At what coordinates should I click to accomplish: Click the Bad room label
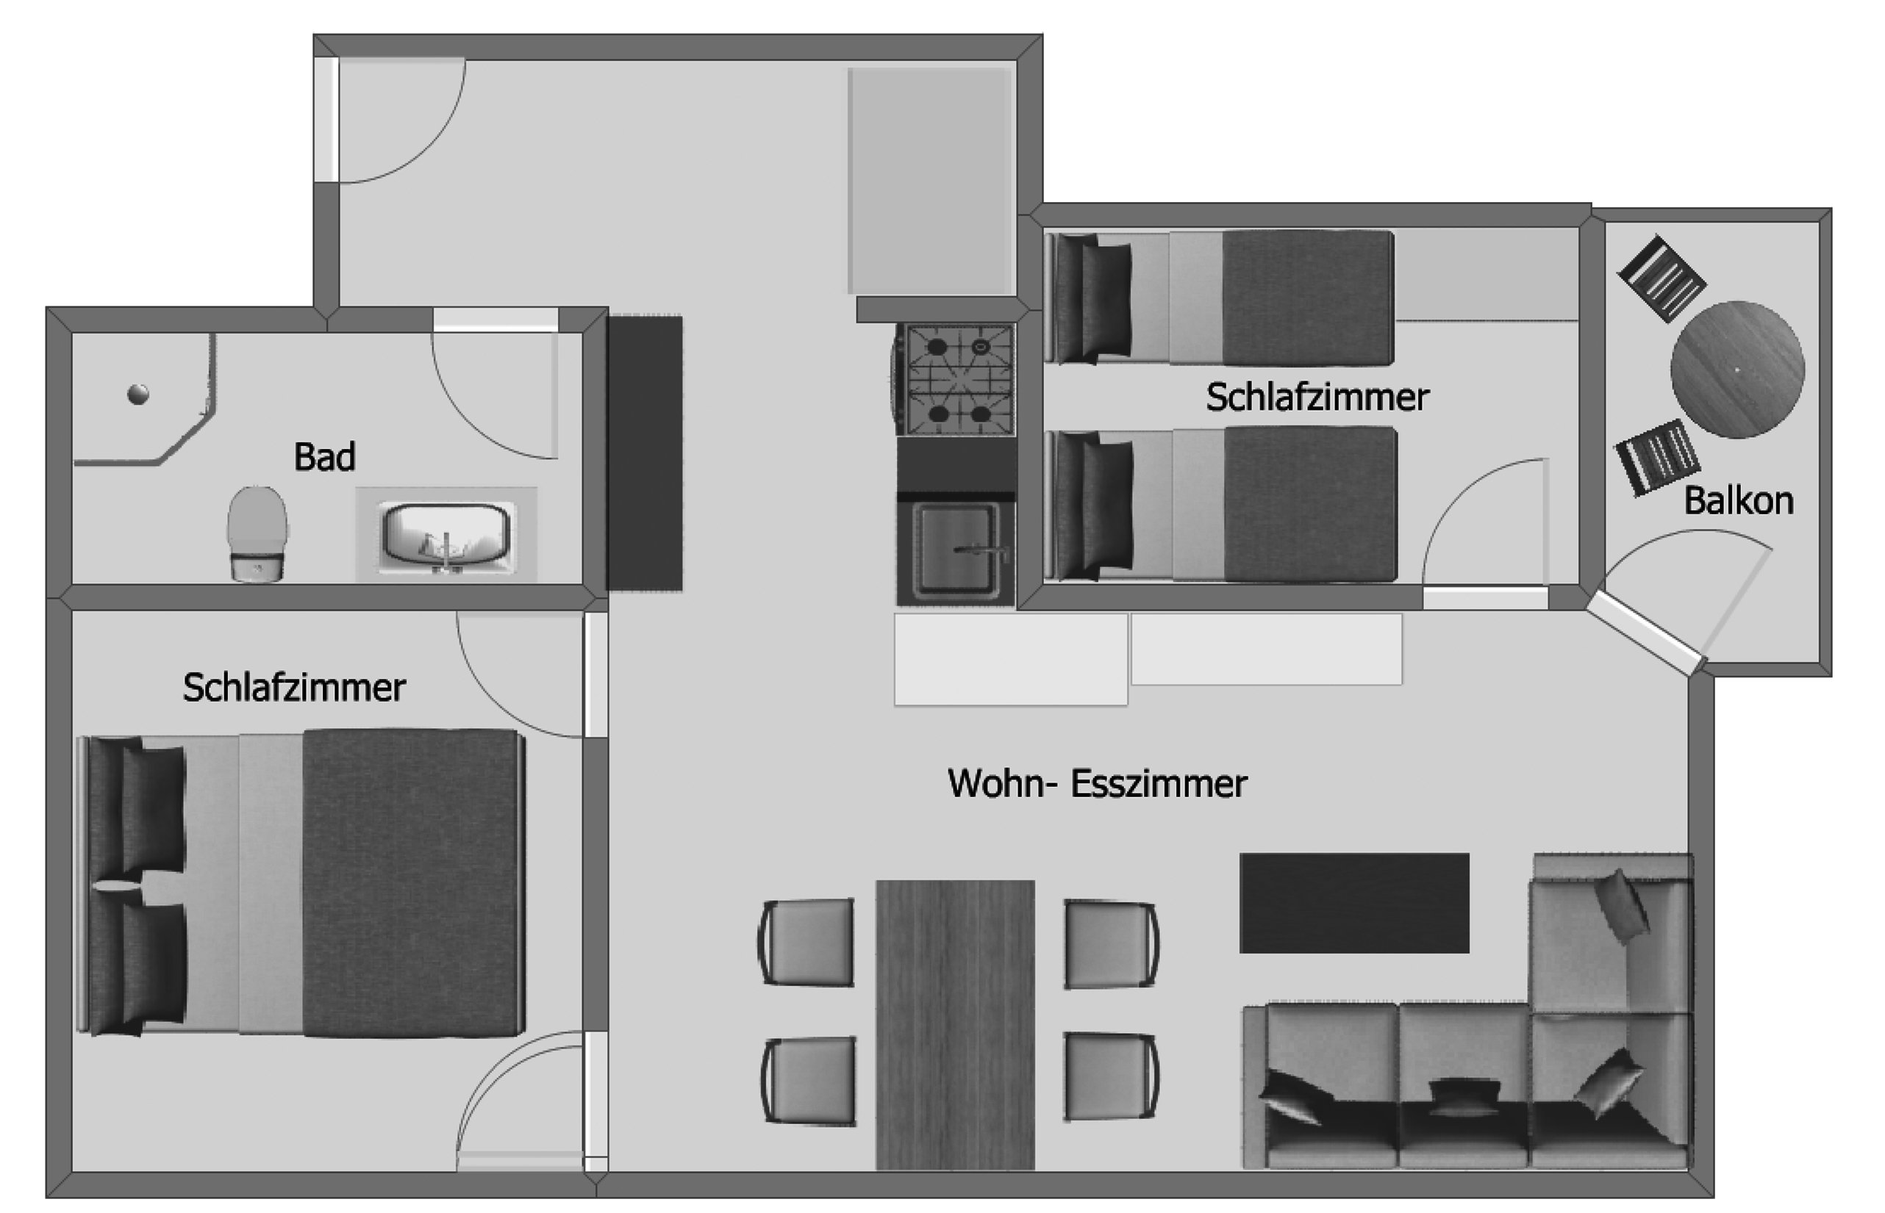(325, 457)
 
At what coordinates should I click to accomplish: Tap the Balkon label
(1739, 501)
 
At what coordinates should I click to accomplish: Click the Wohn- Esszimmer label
(1097, 784)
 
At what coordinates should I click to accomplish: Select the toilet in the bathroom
(257, 533)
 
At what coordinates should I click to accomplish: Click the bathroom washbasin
(446, 536)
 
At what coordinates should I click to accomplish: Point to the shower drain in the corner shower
(138, 394)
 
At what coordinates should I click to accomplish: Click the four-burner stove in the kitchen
(957, 380)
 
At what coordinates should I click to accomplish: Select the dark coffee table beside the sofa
(1354, 903)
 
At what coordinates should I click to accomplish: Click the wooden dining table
(955, 1025)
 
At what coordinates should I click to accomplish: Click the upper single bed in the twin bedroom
(1219, 298)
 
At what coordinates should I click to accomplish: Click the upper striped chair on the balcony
(1662, 279)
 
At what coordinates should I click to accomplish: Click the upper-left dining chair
(805, 942)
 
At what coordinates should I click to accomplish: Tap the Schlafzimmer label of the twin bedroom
(1317, 397)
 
